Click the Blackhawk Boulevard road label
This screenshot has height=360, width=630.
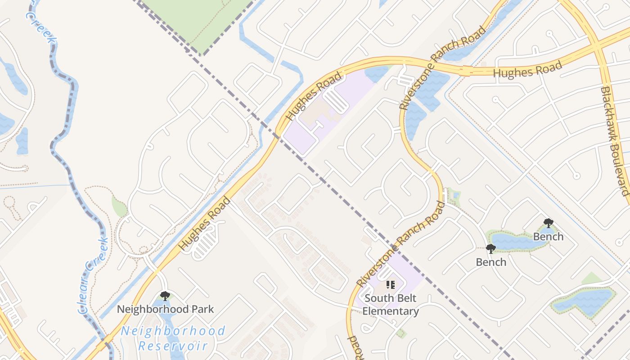click(x=614, y=140)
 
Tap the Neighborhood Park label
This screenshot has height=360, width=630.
click(x=165, y=309)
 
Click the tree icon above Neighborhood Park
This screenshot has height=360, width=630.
click(x=165, y=296)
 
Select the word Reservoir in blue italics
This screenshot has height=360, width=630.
click(x=173, y=346)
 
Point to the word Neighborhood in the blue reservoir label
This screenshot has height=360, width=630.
click(x=173, y=331)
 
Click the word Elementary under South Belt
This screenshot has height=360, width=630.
click(x=391, y=311)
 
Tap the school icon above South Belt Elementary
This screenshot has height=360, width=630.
click(x=390, y=285)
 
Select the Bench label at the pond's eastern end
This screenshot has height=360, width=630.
click(x=548, y=236)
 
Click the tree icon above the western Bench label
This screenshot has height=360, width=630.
click(x=490, y=248)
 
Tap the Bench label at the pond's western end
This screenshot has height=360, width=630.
click(x=491, y=262)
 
